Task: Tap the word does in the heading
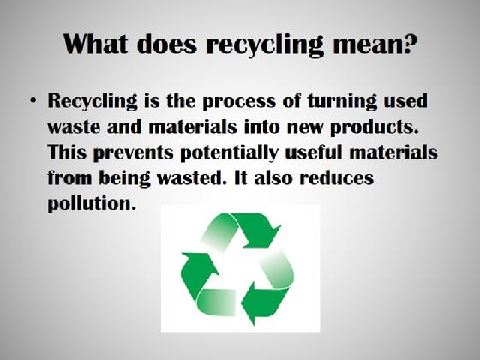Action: point(166,44)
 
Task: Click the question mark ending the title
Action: point(411,44)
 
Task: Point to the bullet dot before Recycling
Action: point(33,100)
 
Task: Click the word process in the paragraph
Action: point(239,102)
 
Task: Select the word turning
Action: point(342,101)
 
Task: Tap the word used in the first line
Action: point(405,100)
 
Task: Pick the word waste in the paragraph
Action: point(74,127)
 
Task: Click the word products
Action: point(375,128)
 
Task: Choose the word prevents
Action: point(133,153)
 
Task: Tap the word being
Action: point(124,178)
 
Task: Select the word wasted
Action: point(194,177)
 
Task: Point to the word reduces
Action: point(336,177)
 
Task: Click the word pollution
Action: point(92,204)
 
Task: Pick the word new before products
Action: point(305,128)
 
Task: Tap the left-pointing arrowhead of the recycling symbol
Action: point(254,303)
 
